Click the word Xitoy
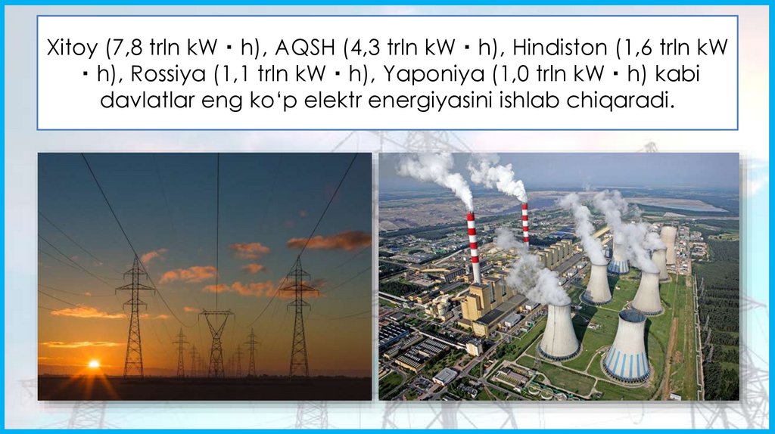(x=71, y=48)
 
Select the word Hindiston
(x=558, y=48)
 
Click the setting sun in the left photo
(x=94, y=364)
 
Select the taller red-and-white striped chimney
(x=474, y=246)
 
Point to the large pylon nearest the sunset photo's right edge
(x=299, y=318)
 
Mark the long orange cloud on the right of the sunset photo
(x=330, y=241)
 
